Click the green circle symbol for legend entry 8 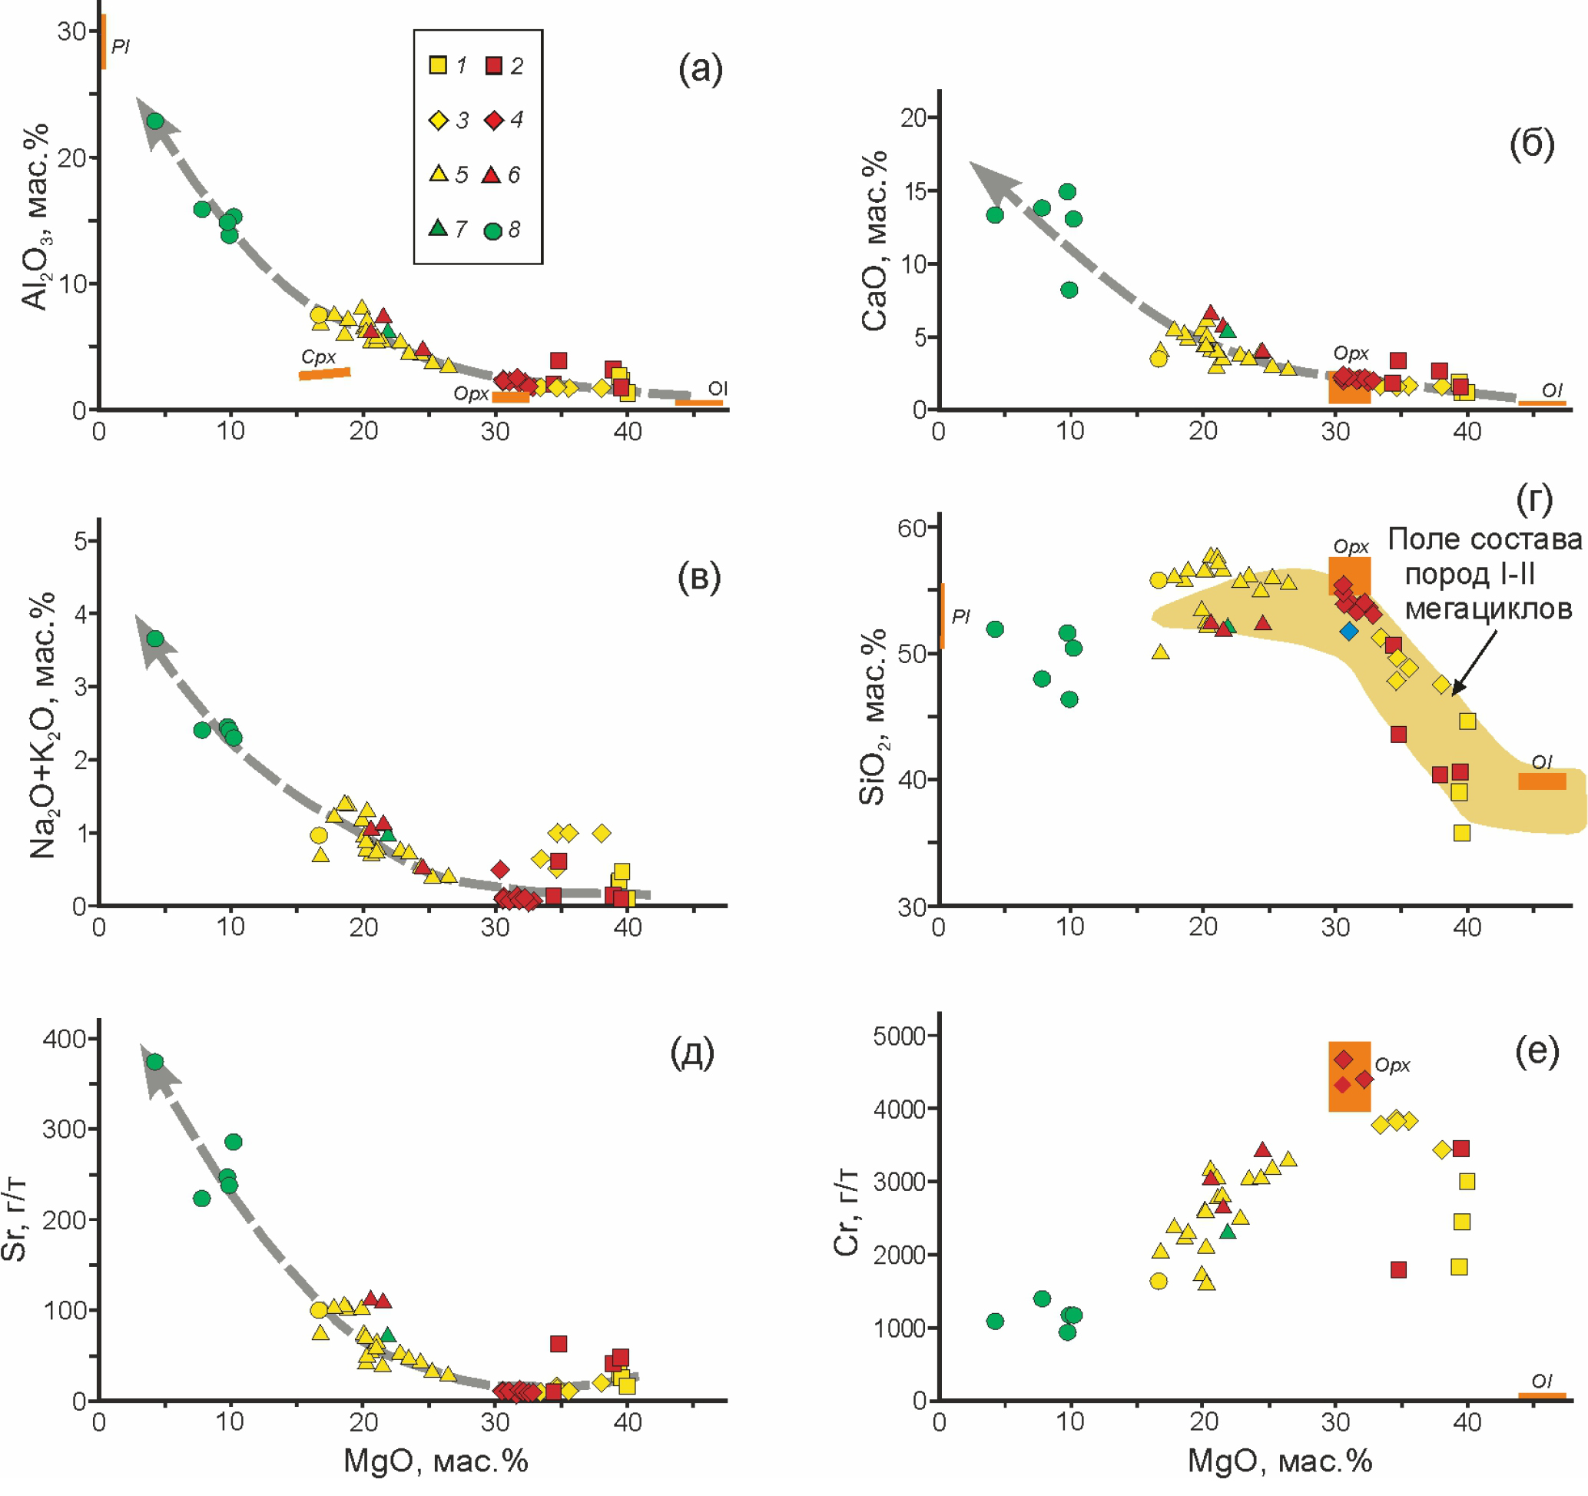493,231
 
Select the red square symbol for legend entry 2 494,65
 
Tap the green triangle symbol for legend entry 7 438,228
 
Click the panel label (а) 700,69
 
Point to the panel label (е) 1536,1053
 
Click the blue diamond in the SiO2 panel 1349,632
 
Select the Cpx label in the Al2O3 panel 319,357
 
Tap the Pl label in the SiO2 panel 961,615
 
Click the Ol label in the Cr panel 1542,1380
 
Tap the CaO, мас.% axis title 875,240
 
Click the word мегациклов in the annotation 1488,609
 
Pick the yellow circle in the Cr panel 1159,1281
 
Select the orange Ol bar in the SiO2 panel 1542,781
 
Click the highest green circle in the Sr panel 155,1062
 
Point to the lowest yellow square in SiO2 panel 1462,833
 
